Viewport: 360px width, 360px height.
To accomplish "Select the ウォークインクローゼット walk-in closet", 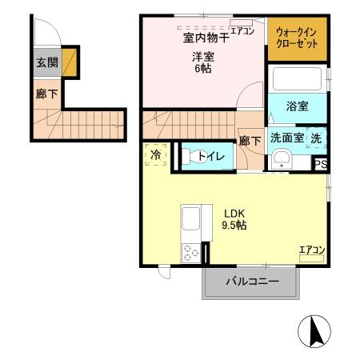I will [297, 38].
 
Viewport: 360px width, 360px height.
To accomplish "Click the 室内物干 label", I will [203, 38].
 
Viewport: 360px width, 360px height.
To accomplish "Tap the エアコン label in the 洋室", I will [242, 31].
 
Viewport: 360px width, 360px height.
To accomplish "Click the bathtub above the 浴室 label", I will [297, 80].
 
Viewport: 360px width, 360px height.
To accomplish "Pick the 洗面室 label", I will [286, 138].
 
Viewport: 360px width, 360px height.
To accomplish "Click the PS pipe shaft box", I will [320, 165].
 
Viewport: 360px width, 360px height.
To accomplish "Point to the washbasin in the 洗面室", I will [281, 161].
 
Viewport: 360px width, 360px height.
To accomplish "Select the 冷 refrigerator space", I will [156, 154].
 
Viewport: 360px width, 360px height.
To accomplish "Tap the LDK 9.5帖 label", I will [234, 219].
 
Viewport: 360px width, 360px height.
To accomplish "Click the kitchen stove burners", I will [192, 253].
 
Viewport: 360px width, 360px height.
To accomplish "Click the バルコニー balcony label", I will [251, 282].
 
